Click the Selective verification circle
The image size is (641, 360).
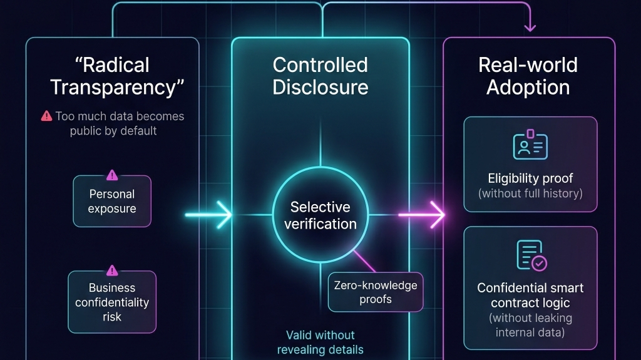[x=320, y=215]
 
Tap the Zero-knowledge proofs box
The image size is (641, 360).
[x=376, y=292]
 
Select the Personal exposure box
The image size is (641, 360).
[x=112, y=201]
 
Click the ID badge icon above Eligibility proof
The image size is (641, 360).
[x=530, y=145]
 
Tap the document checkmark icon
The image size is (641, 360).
[x=531, y=256]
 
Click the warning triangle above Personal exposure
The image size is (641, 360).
[x=112, y=175]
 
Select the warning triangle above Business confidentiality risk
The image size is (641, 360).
[x=112, y=270]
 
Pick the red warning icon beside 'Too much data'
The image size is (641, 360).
[x=46, y=116]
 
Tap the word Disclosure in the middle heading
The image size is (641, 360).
[x=320, y=87]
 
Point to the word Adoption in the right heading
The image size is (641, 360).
[x=528, y=87]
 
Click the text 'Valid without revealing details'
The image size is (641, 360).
[x=320, y=342]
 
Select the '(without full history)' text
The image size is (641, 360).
[x=530, y=193]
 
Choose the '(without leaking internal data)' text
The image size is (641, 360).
[x=530, y=325]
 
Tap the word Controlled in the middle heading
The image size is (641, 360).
[x=320, y=65]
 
